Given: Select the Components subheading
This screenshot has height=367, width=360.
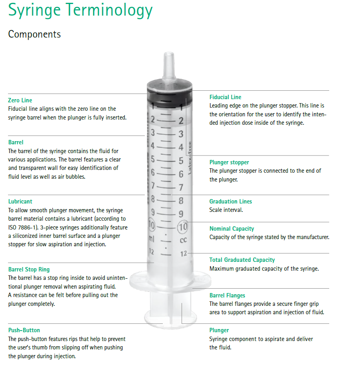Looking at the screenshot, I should (x=34, y=34).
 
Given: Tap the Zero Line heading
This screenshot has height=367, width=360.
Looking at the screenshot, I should (x=20, y=100).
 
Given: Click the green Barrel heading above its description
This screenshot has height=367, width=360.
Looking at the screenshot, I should (x=16, y=142).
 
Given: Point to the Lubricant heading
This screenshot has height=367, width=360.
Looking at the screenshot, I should (x=20, y=201).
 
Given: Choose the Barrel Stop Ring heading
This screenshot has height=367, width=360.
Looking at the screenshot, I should (x=29, y=269).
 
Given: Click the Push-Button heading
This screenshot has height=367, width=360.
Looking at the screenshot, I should (x=24, y=330).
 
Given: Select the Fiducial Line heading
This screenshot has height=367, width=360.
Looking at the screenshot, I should (x=225, y=97).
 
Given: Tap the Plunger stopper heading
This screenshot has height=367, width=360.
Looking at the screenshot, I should (x=229, y=162).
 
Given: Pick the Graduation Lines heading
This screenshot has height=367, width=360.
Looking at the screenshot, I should (x=230, y=201).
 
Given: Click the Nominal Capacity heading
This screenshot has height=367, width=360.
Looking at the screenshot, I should (x=232, y=229).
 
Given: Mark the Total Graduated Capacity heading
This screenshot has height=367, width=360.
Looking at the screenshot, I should (x=242, y=260).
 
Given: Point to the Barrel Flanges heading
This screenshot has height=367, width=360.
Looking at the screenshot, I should (x=227, y=295).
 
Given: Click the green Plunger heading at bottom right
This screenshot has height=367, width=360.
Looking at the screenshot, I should (x=219, y=330).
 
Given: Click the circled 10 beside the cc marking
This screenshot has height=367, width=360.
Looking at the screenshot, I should (x=183, y=227).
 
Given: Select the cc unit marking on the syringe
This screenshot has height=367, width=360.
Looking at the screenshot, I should (x=183, y=241).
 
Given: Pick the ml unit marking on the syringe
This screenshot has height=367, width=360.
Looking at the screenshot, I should (x=152, y=239).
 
